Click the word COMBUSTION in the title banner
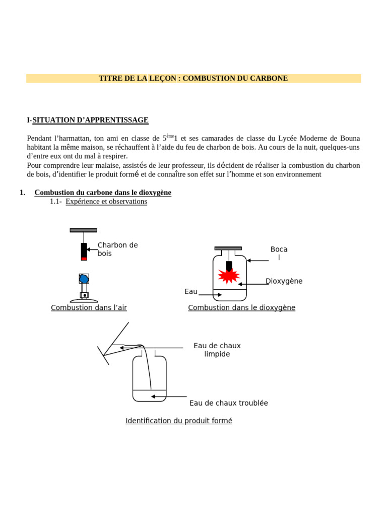[x=207, y=78]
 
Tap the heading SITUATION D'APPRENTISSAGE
[x=90, y=120]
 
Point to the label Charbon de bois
[x=117, y=249]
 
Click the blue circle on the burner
[x=84, y=279]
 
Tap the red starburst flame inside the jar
[x=229, y=276]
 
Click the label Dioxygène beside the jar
[x=284, y=281]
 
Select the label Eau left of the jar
[x=191, y=291]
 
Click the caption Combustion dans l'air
[x=89, y=307]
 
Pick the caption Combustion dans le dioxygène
[x=241, y=307]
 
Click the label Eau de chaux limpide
[x=217, y=350]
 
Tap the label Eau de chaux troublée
[x=228, y=403]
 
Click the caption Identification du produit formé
[x=178, y=421]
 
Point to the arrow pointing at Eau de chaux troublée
[x=169, y=397]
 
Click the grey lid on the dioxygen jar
[x=228, y=248]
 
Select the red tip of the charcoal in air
[x=84, y=259]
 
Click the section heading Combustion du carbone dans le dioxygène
[x=103, y=192]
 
